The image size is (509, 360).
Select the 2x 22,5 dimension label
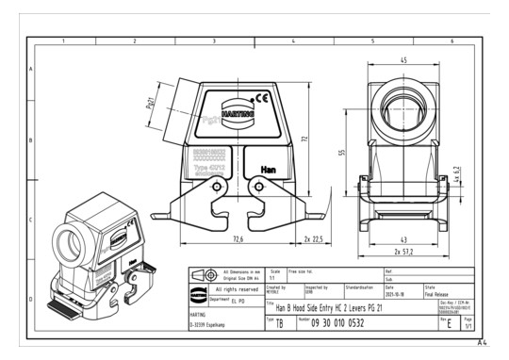[x=315, y=239]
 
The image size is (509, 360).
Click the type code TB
[x=279, y=323]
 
